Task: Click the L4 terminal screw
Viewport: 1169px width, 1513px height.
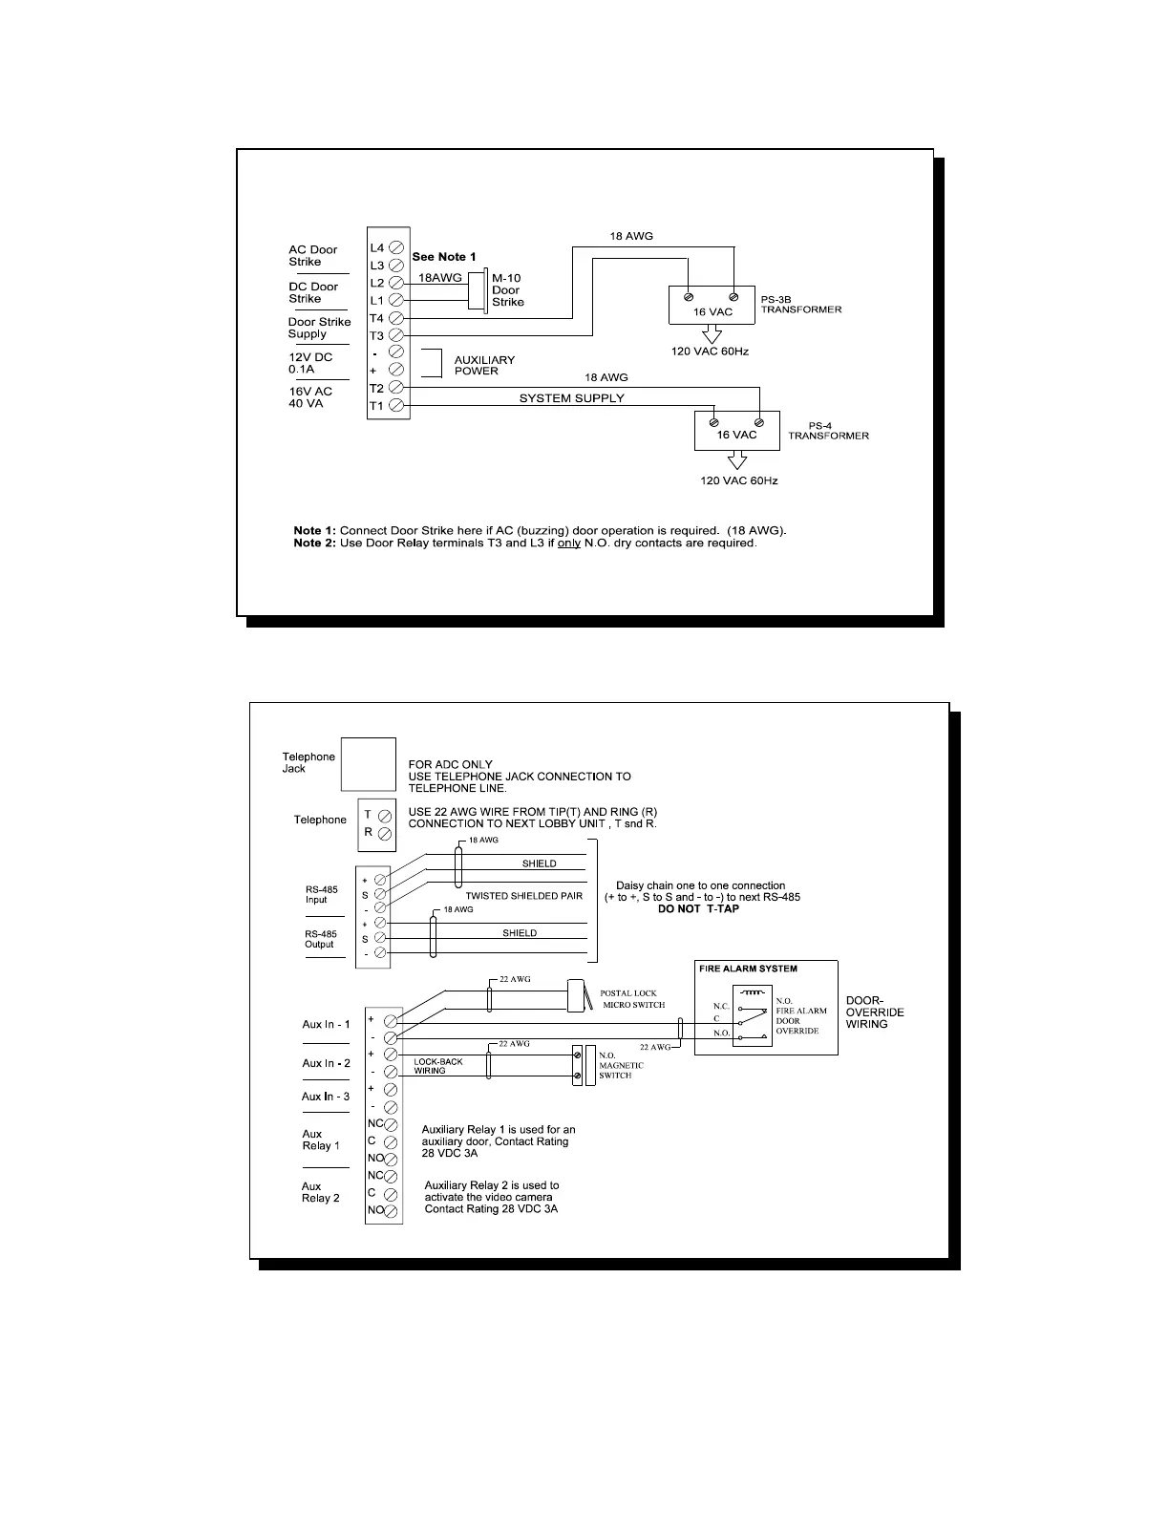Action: tap(395, 246)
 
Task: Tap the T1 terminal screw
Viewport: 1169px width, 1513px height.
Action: tap(395, 406)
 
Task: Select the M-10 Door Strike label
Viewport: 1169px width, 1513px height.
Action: tap(507, 289)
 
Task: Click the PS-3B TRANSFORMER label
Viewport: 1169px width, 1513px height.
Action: tap(800, 304)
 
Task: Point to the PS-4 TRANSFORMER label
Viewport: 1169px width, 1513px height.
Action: tap(827, 430)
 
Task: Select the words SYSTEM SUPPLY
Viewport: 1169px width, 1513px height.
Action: tap(571, 398)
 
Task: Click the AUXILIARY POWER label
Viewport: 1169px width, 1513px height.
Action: tap(483, 365)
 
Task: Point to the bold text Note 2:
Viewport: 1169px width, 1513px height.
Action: tap(314, 543)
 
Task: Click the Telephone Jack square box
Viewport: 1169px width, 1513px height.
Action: tap(369, 764)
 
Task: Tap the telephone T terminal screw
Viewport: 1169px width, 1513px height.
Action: tap(385, 817)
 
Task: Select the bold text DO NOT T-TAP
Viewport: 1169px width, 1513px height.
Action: tap(698, 908)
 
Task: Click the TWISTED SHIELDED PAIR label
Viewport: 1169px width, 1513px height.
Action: tap(523, 896)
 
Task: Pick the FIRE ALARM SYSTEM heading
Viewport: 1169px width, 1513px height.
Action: tap(748, 969)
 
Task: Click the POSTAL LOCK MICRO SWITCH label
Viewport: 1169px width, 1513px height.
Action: tap(632, 998)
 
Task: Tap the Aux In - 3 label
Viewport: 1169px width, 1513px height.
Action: tap(326, 1097)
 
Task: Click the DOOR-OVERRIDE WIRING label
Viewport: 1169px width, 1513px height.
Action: tap(875, 1012)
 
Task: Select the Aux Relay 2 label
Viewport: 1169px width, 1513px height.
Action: tap(321, 1192)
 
